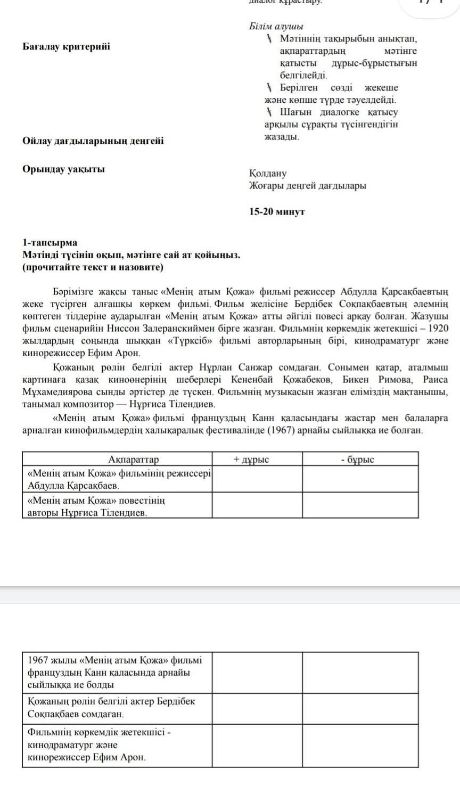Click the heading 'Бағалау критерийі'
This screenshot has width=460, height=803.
pyautogui.click(x=67, y=46)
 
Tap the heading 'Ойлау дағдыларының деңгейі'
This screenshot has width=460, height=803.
pyautogui.click(x=93, y=141)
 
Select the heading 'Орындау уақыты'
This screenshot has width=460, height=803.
pyautogui.click(x=63, y=169)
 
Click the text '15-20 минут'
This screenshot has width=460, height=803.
pyautogui.click(x=277, y=211)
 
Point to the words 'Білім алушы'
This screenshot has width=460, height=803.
pyautogui.click(x=276, y=27)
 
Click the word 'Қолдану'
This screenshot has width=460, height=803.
pyautogui.click(x=267, y=174)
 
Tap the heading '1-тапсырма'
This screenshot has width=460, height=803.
pyautogui.click(x=50, y=243)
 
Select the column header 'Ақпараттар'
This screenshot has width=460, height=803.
pyautogui.click(x=133, y=460)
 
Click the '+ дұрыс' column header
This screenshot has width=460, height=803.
pyautogui.click(x=251, y=460)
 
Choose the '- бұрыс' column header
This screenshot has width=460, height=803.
pyautogui.click(x=357, y=460)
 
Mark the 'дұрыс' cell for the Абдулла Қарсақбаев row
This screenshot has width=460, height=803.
pyautogui.click(x=257, y=479)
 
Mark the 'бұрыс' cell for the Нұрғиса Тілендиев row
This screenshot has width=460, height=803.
pyautogui.click(x=360, y=506)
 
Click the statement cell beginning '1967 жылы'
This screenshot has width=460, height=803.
pyautogui.click(x=117, y=672)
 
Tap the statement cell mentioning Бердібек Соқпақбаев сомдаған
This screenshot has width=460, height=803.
pyautogui.click(x=117, y=707)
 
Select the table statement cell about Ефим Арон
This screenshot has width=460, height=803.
pyautogui.click(x=117, y=744)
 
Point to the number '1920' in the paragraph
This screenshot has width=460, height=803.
pyautogui.click(x=438, y=328)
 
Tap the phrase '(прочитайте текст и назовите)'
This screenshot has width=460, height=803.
pyautogui.click(x=93, y=267)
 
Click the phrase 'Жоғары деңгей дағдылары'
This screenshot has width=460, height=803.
pyautogui.click(x=307, y=186)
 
